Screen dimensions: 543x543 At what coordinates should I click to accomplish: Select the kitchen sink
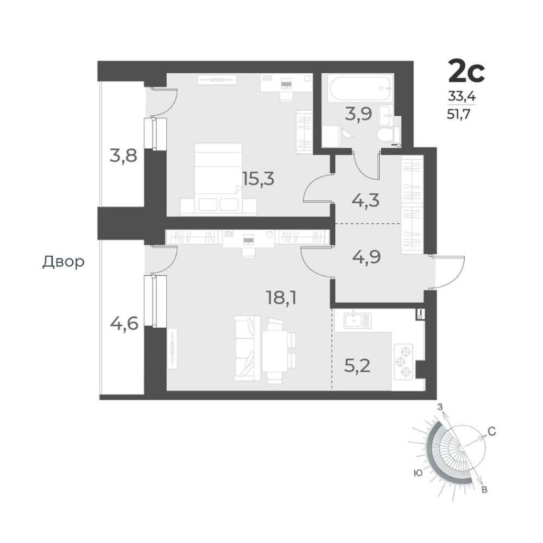(357, 320)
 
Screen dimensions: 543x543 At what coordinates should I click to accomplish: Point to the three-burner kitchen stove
(403, 362)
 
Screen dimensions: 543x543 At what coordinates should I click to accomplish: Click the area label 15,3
(258, 179)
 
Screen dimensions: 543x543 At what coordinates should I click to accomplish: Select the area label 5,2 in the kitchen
(357, 365)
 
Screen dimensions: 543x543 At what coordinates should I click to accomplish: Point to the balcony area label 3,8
(123, 155)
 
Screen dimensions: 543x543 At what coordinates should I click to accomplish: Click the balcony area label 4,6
(124, 324)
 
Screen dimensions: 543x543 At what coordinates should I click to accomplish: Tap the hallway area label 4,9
(366, 257)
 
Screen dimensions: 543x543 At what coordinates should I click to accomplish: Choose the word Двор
(64, 262)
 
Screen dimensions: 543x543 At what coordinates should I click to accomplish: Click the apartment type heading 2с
(466, 71)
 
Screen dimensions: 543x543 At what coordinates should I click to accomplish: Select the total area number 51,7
(459, 114)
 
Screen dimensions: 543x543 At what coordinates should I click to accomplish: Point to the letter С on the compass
(492, 432)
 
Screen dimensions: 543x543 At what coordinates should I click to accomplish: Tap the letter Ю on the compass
(418, 473)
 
